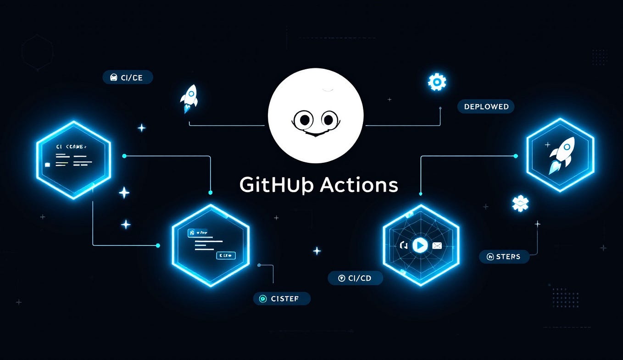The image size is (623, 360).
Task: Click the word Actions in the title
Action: pos(358,185)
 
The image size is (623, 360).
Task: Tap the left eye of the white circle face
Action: pos(303,120)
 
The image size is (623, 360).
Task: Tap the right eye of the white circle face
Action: pos(328,120)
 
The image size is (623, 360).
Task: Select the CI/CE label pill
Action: pos(128,78)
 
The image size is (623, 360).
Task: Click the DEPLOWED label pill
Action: pos(486,106)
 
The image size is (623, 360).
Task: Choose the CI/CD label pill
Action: pos(355,278)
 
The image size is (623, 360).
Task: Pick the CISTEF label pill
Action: pos(282,299)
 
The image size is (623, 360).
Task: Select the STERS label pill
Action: pos(504,256)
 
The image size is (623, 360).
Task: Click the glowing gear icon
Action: pos(437,82)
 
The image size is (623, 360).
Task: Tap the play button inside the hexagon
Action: pos(419,245)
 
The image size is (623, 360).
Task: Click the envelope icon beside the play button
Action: pos(437,246)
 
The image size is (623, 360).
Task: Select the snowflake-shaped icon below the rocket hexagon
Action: pos(520,203)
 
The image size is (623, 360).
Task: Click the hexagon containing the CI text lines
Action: pos(73,160)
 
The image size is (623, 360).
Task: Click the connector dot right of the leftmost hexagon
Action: pos(124,156)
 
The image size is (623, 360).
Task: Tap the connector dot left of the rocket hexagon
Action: pos(516,156)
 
